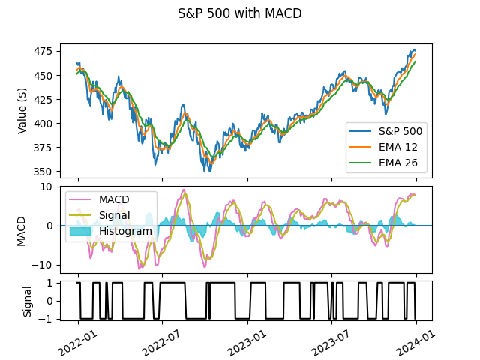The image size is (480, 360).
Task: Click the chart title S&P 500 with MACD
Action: click(x=240, y=13)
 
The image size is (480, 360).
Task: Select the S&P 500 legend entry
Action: click(x=400, y=131)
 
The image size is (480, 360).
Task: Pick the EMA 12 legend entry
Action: click(x=397, y=146)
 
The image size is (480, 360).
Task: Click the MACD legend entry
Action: click(x=114, y=199)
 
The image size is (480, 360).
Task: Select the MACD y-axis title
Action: click(x=22, y=230)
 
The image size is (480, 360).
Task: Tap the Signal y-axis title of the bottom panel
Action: click(x=28, y=301)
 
